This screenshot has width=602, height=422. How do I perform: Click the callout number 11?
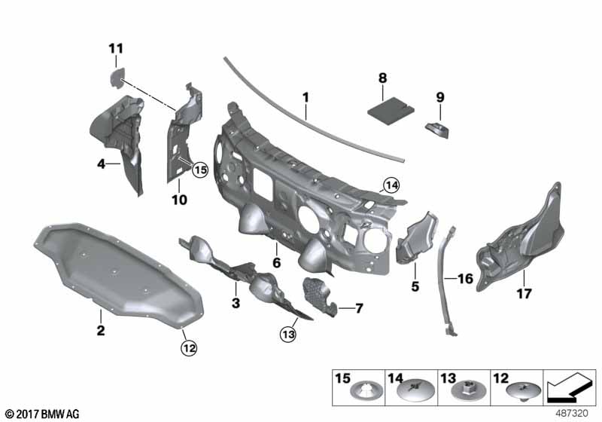[116, 49]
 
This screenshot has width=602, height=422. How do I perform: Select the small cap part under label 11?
[117, 78]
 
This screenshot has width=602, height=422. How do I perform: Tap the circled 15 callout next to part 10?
[200, 170]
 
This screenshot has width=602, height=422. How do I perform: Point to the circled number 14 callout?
[391, 186]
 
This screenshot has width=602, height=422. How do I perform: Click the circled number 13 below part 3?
[288, 335]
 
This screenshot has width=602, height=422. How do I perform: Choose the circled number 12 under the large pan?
[189, 349]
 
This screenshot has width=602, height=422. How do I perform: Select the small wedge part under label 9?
[437, 130]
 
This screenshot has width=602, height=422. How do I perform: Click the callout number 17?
[524, 294]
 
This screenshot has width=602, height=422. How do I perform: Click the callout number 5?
[415, 286]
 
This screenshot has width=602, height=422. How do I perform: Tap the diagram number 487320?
[572, 414]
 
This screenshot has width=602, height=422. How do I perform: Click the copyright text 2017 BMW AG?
[43, 414]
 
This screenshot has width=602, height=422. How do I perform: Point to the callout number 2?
[101, 330]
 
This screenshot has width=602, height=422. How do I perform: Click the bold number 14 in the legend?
[396, 378]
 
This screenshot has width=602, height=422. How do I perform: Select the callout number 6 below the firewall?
[276, 263]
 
